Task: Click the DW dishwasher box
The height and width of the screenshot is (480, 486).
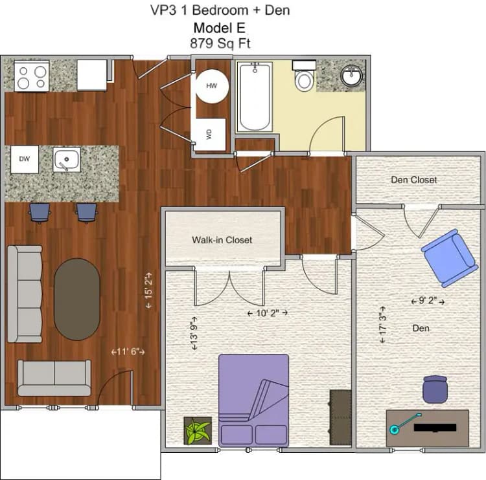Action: [x=24, y=159]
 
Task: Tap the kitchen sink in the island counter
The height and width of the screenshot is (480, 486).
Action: [x=66, y=159]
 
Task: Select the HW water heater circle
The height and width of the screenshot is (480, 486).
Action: [x=212, y=86]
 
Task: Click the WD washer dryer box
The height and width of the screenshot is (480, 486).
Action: [x=209, y=134]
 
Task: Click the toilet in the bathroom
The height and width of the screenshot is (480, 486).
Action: [x=304, y=78]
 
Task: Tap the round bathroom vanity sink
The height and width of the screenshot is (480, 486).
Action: [x=352, y=75]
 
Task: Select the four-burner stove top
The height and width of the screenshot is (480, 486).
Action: [x=32, y=75]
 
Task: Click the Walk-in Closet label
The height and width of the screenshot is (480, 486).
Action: [x=222, y=240]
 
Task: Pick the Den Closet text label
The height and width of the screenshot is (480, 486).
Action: [x=413, y=180]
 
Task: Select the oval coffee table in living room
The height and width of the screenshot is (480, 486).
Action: [x=76, y=300]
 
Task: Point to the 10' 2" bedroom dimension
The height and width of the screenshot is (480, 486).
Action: [x=268, y=312]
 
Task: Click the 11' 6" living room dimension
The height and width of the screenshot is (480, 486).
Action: [x=127, y=352]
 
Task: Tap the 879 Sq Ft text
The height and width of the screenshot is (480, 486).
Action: [x=220, y=43]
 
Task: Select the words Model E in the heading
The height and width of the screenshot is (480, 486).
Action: [x=220, y=28]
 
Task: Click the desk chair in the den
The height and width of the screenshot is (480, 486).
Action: [x=434, y=389]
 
